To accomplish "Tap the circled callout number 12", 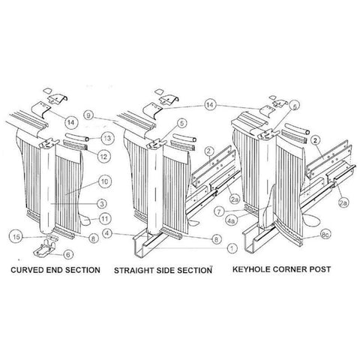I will pos(105,155).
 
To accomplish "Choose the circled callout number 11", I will pos(106,218).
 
